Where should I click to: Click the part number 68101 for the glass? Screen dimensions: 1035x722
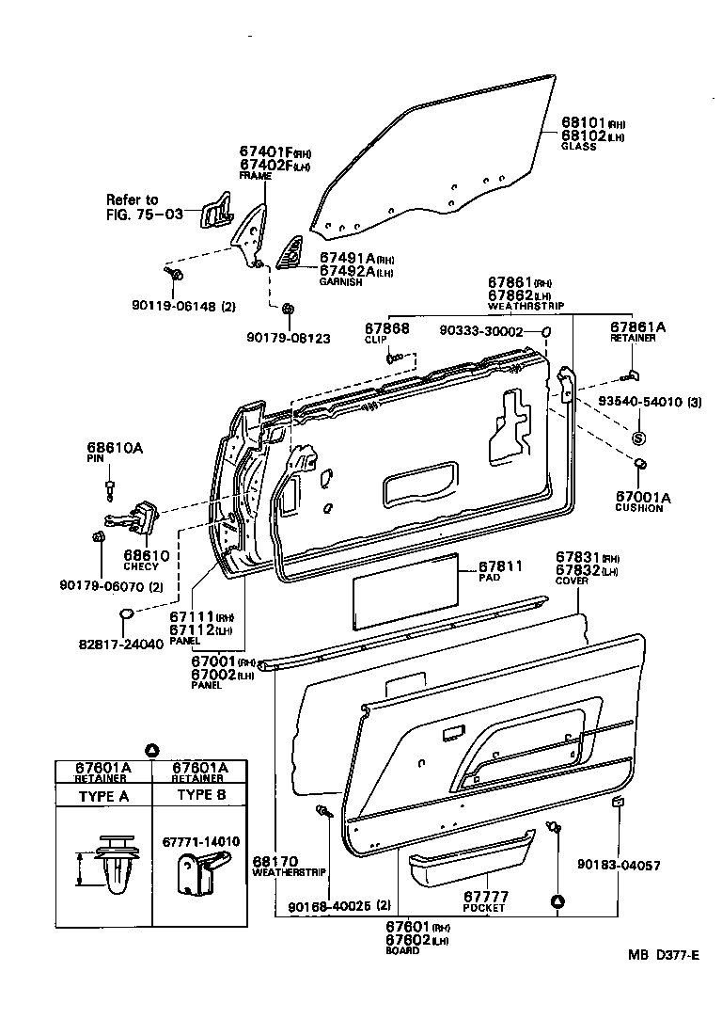coord(582,122)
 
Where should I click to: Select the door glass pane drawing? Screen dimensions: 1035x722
coord(432,160)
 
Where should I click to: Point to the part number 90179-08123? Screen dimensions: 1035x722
coord(288,337)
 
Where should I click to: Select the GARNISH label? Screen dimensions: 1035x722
coord(339,282)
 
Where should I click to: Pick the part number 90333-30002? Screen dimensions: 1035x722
coord(481,331)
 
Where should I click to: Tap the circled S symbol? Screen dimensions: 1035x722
coord(637,438)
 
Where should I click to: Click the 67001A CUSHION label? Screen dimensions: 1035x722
coord(638,500)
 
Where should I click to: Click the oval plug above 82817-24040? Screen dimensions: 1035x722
coord(130,615)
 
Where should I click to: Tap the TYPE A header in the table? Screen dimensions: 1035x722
coord(102,795)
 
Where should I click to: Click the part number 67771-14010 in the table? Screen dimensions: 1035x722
coord(200,840)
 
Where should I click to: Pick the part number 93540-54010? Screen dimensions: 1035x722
coord(637,403)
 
